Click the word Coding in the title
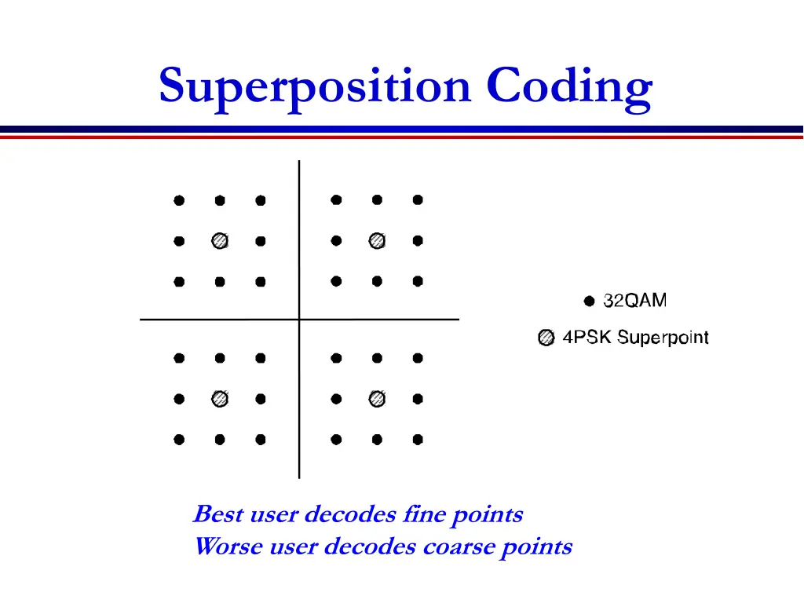coord(569,86)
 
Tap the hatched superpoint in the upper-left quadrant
coord(220,241)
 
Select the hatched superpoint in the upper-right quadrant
coord(377,241)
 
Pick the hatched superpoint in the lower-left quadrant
coord(220,399)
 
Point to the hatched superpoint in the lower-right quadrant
coord(377,399)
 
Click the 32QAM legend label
coord(635,300)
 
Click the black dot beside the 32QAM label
coord(589,301)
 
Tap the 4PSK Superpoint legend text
coord(635,338)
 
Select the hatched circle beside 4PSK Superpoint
coord(546,338)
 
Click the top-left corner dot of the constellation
coord(179,200)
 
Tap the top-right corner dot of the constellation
coord(418,200)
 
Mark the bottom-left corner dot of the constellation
coord(179,440)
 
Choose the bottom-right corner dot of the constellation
coord(418,440)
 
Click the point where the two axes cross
coord(299,320)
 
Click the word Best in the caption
coord(217,515)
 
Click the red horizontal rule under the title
coord(402,137)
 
